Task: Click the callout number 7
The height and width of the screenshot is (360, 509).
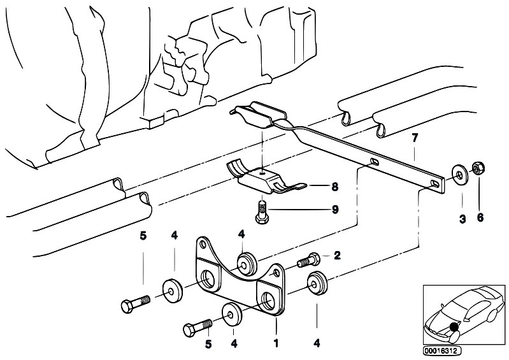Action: tap(415, 138)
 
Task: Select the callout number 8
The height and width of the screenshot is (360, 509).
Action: tap(334, 187)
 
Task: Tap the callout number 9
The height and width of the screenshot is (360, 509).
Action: tap(334, 210)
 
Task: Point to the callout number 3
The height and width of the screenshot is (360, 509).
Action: tap(462, 219)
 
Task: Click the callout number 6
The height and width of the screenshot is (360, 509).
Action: tap(480, 217)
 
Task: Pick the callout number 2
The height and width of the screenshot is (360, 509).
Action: tap(337, 256)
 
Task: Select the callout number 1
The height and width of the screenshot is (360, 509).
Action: tap(276, 343)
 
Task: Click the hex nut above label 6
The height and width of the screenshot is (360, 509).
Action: tap(478, 168)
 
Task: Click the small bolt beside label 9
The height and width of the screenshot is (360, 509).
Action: tap(262, 212)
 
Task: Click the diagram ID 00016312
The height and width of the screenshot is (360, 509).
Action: tap(442, 351)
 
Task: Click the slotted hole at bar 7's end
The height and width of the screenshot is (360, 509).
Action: tap(434, 184)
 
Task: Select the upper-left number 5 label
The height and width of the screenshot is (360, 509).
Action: tap(143, 236)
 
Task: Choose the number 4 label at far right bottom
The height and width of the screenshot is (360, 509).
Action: tap(317, 343)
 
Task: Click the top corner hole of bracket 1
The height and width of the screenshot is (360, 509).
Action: tap(203, 244)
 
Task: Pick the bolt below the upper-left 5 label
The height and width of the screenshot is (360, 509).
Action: tap(135, 303)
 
